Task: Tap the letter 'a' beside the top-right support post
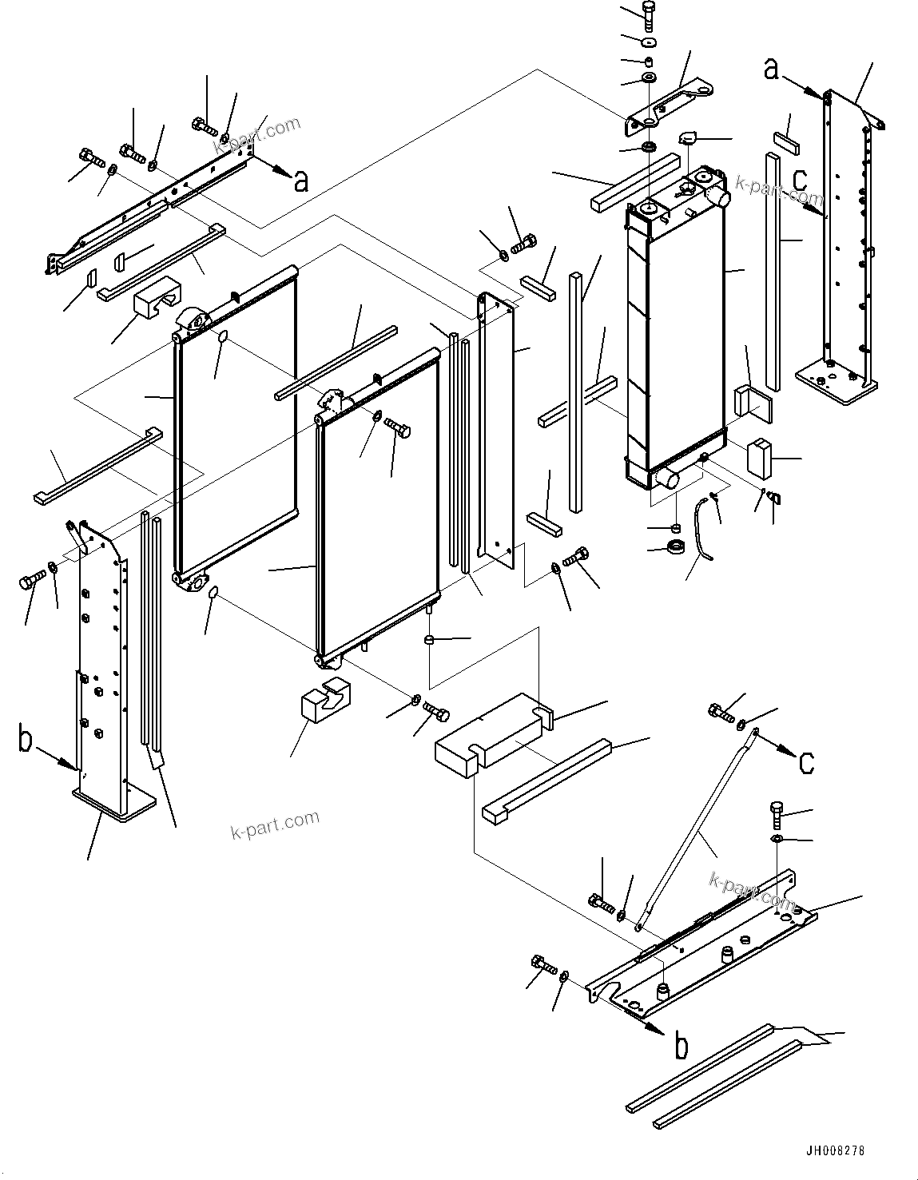tap(771, 70)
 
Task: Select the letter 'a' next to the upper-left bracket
tap(300, 181)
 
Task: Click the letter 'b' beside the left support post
tap(26, 741)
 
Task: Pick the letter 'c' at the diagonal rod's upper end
tap(807, 762)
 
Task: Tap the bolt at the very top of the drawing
tap(650, 14)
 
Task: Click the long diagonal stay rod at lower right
tap(695, 831)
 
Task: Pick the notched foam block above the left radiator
tap(161, 295)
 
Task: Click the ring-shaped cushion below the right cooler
tap(677, 547)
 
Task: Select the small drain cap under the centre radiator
tap(430, 639)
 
